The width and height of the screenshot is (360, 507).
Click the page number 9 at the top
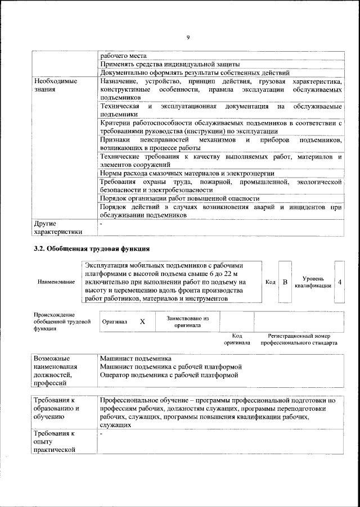[188, 37]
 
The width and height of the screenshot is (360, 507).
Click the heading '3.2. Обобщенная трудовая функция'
[92, 248]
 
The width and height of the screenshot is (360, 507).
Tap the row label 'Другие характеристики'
[58, 228]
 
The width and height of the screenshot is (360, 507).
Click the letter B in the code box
[285, 282]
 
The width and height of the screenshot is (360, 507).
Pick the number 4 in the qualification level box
[340, 282]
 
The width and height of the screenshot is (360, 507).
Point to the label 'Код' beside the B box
[270, 282]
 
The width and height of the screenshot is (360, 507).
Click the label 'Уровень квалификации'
[312, 282]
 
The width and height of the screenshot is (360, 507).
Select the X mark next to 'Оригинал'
[142, 322]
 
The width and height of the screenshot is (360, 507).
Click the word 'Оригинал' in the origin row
[115, 322]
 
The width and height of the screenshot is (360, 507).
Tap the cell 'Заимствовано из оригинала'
[188, 322]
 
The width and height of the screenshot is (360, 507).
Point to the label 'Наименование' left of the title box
[56, 282]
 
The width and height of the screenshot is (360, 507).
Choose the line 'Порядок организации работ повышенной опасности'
[179, 198]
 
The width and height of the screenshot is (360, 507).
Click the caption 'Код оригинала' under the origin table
[237, 338]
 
